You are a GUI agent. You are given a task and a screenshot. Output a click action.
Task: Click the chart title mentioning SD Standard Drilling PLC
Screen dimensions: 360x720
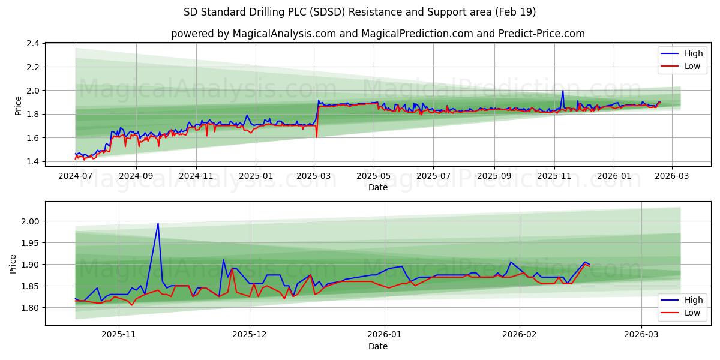[x=360, y=12]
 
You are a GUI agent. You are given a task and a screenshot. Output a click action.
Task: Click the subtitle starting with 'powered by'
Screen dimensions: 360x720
[x=378, y=34]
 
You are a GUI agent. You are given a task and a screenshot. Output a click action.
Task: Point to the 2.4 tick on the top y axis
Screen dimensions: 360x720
[x=32, y=44]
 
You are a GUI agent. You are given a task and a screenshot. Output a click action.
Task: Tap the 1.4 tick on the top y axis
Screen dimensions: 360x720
[x=32, y=161]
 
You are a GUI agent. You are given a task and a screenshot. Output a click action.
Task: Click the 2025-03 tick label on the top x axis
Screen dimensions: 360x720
[x=314, y=176]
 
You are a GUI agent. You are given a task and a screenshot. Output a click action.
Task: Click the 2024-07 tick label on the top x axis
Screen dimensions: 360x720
[x=76, y=176]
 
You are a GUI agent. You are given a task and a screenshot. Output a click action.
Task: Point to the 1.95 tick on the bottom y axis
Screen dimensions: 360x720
[x=30, y=243]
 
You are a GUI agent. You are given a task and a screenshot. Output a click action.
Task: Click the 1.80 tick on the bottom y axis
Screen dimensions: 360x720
[x=30, y=308]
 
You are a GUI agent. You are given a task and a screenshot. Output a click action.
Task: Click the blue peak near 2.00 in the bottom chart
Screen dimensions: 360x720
[x=158, y=223]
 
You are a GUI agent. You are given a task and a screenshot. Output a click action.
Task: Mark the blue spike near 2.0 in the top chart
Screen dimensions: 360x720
[x=563, y=91]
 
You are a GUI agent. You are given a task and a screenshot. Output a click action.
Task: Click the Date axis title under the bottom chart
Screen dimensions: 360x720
[x=378, y=346]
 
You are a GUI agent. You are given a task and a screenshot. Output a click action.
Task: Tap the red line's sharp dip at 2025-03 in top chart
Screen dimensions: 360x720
[x=317, y=137]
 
